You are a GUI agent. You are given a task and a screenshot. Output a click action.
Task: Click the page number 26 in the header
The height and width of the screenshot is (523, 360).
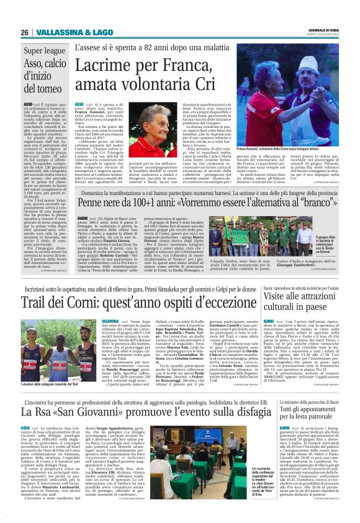(x=25, y=32)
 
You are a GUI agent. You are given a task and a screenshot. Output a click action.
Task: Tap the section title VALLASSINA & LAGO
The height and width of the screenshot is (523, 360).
(x=66, y=32)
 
